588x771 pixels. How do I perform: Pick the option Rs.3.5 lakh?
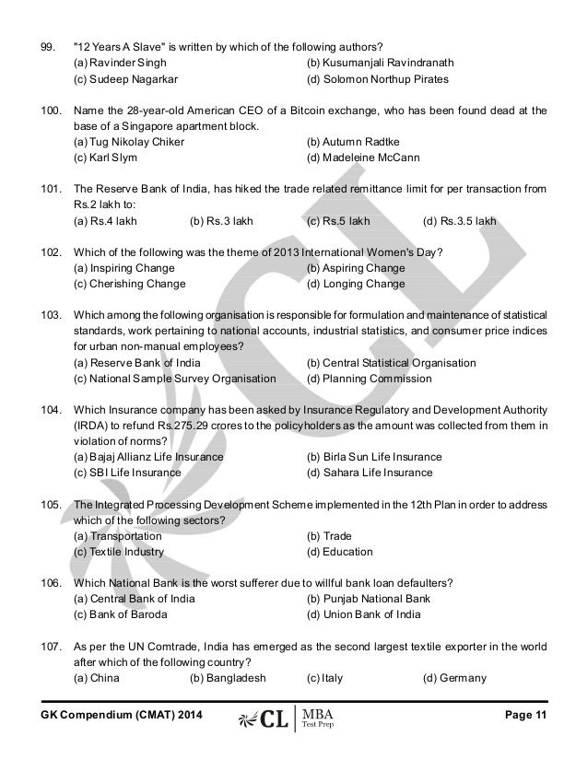coord(459,222)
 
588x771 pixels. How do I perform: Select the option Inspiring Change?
coord(127,268)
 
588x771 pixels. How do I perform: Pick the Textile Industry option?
coord(119,552)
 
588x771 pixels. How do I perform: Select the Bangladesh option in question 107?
coord(228,678)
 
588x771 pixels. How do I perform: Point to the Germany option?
coord(454,678)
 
